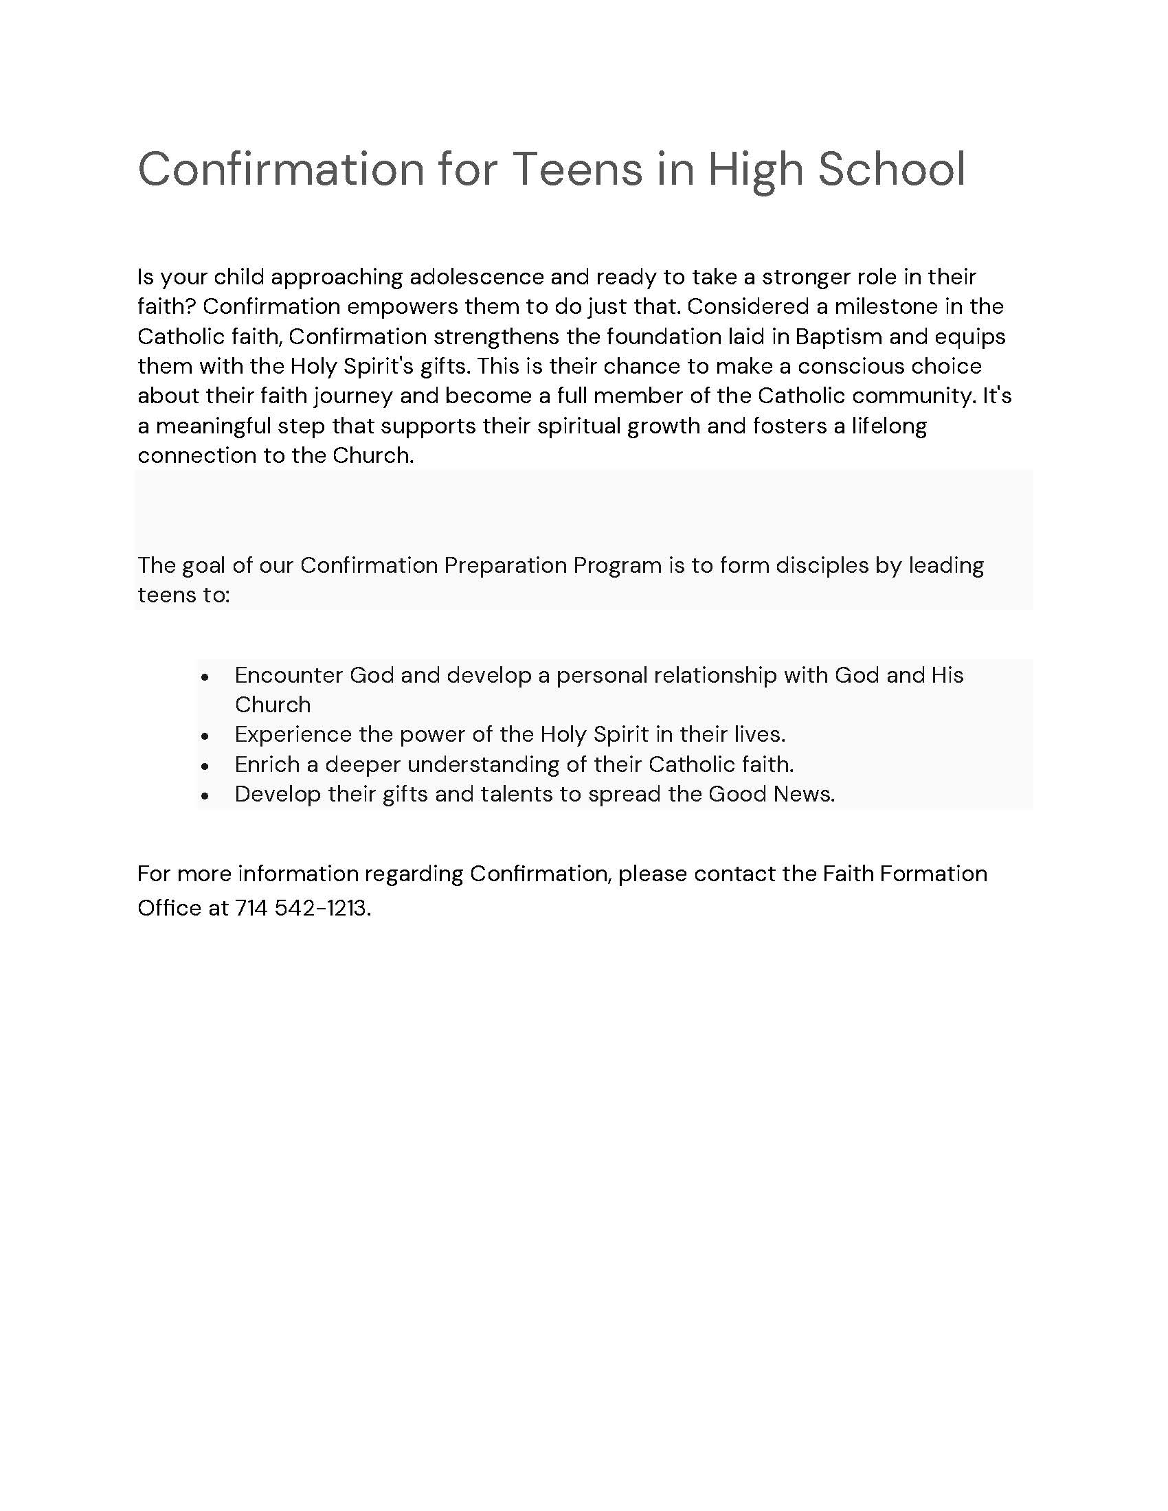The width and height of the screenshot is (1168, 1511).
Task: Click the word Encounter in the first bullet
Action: point(289,674)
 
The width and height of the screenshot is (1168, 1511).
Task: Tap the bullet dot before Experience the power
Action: point(204,736)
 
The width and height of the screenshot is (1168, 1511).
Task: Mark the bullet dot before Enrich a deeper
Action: point(204,766)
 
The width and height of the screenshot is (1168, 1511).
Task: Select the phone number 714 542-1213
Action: point(302,908)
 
